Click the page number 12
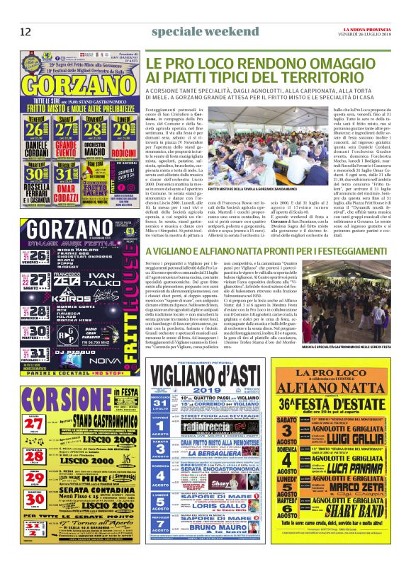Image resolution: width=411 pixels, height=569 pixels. click(x=26, y=32)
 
